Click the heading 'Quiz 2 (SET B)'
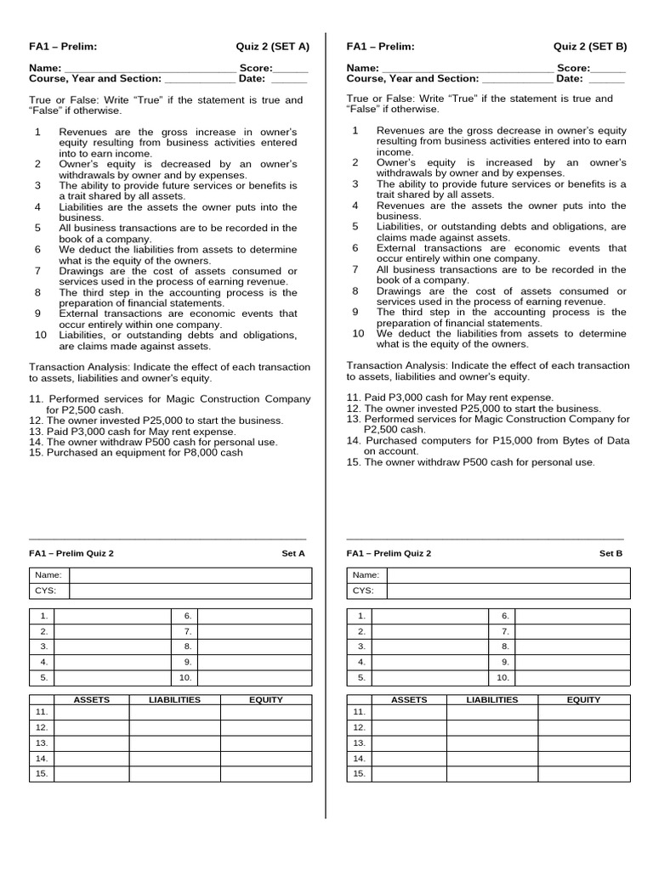tap(590, 47)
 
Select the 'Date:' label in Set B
tap(570, 78)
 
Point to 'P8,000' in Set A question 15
tap(186, 453)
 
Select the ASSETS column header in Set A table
tap(92, 699)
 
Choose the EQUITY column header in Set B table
tap(583, 699)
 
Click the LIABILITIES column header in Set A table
tap(174, 699)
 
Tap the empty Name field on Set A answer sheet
tap(190, 575)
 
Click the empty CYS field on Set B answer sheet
tap(508, 590)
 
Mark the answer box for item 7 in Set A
tap(254, 631)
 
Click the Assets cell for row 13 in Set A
tap(92, 743)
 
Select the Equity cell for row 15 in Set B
tap(583, 773)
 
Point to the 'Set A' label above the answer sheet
tap(293, 553)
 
